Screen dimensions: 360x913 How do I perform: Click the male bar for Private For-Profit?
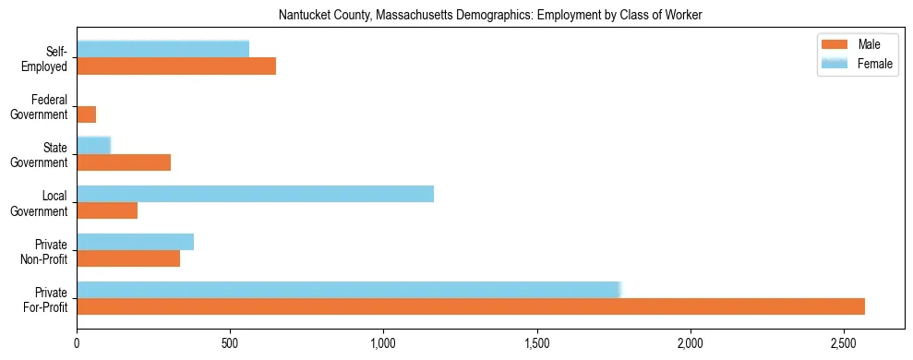coord(471,306)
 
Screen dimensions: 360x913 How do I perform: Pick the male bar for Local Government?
coord(107,210)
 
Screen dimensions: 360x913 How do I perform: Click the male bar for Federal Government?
coord(87,114)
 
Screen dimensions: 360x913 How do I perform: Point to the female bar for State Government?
coord(93,145)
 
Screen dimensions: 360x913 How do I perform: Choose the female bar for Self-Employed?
coord(162,49)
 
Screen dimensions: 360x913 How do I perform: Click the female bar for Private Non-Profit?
coord(135,242)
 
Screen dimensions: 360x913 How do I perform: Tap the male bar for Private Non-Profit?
coord(128,258)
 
